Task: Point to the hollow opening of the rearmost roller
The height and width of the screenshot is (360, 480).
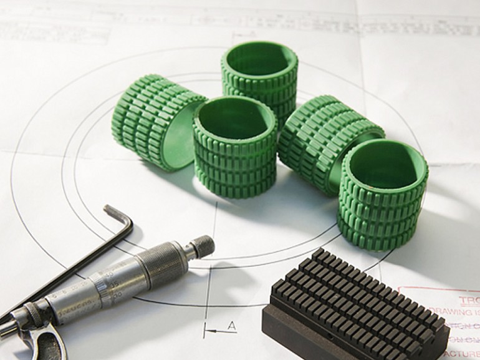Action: click(x=259, y=60)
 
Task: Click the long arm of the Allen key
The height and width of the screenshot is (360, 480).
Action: click(x=62, y=275)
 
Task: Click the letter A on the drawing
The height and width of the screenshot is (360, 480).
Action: click(x=231, y=325)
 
